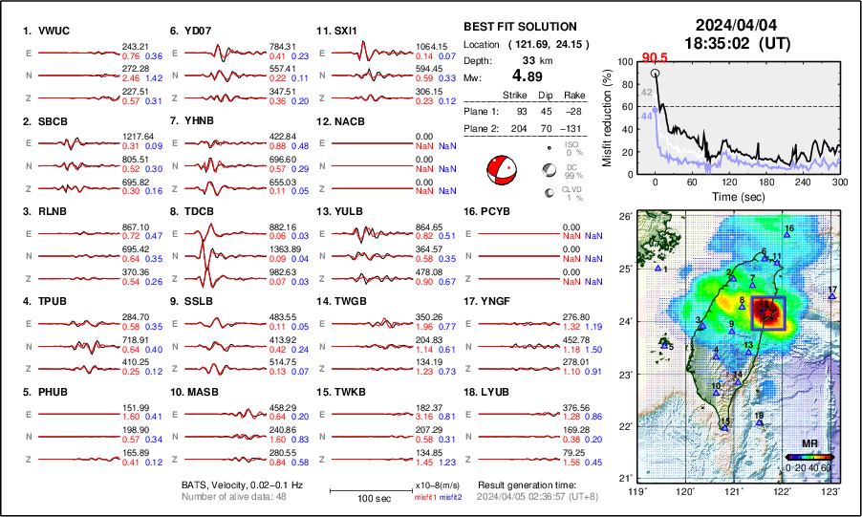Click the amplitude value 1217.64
click(137, 136)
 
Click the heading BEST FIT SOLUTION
click(519, 27)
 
